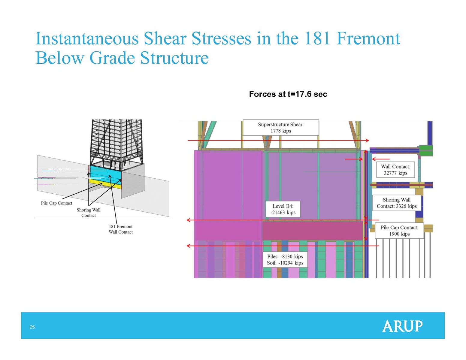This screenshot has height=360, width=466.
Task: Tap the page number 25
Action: pyautogui.click(x=32, y=327)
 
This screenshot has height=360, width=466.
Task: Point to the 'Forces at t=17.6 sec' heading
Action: pyautogui.click(x=288, y=94)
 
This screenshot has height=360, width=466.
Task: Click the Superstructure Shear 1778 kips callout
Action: pyautogui.click(x=281, y=128)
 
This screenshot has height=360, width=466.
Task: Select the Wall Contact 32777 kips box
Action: pyautogui.click(x=395, y=170)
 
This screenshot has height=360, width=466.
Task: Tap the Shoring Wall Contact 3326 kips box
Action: pyautogui.click(x=397, y=203)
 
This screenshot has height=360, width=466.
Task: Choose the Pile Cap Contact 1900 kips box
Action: pyautogui.click(x=399, y=231)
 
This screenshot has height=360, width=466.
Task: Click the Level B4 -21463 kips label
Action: pyautogui.click(x=283, y=209)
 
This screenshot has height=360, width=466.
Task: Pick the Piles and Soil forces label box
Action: pyautogui.click(x=285, y=260)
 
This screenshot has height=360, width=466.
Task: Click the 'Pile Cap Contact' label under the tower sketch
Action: pyautogui.click(x=56, y=203)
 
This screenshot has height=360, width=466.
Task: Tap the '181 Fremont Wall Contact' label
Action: pyautogui.click(x=120, y=229)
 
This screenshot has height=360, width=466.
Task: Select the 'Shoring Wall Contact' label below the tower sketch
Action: pyautogui.click(x=88, y=213)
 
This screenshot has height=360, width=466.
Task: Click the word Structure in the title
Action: pyautogui.click(x=174, y=58)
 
